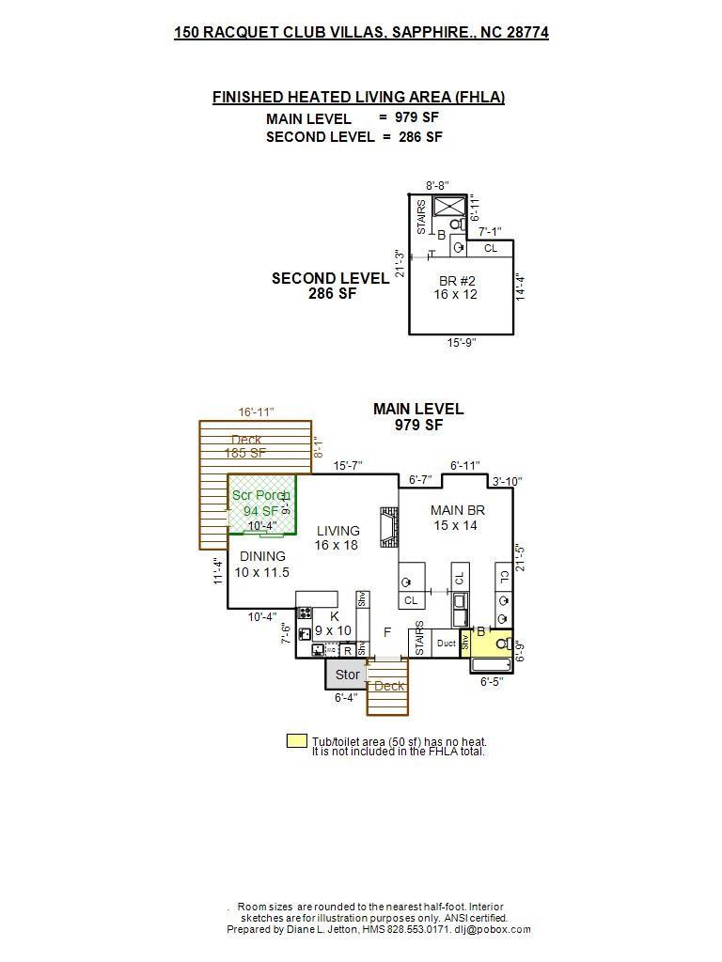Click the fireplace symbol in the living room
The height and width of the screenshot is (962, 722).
coord(386,528)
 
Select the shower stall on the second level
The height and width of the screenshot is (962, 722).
coord(450,206)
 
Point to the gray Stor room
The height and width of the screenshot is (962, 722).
coord(347,675)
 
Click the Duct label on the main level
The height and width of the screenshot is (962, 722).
coord(446,644)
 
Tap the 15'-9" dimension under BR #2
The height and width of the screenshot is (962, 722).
coord(461,343)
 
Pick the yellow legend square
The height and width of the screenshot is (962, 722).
coord(296,741)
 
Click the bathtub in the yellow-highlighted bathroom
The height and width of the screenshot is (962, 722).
coord(491,665)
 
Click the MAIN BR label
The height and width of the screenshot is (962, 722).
coord(458,510)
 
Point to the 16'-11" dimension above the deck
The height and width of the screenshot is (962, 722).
coord(256,411)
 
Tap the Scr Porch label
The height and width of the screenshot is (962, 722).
coord(260,495)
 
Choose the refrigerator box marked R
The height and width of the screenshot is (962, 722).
coord(347,650)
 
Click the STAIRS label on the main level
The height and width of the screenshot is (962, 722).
coord(419,638)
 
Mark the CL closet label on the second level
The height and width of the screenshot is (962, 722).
coord(491,248)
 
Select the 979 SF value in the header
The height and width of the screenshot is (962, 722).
coord(414,117)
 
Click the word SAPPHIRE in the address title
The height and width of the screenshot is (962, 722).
coord(430,32)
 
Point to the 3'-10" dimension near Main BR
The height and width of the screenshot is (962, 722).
coord(507,482)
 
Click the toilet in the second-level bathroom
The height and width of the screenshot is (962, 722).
coord(456,225)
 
